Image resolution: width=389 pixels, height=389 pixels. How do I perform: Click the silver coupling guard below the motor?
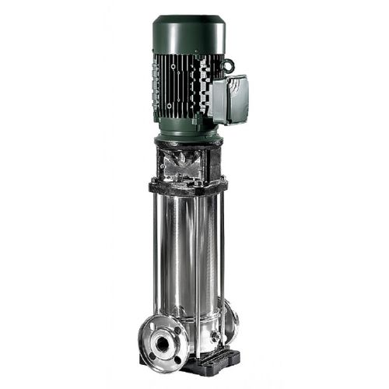(187, 165)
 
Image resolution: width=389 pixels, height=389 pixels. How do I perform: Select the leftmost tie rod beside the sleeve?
(156, 249)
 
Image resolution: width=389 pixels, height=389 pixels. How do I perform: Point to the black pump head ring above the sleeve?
(187, 187)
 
